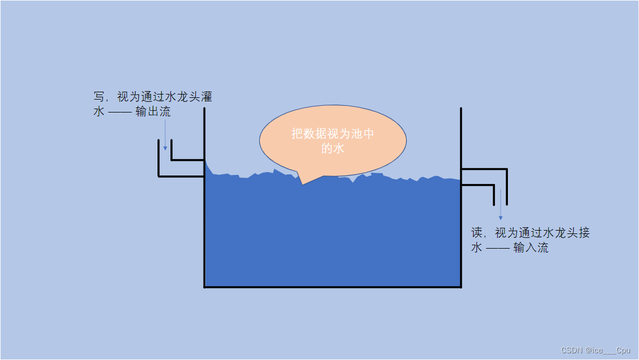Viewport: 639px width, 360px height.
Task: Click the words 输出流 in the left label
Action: coord(153,112)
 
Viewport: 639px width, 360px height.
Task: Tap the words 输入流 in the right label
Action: coord(531,247)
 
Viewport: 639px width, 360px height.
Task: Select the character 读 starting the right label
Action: coord(477,233)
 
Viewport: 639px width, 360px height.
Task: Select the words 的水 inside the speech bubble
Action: coord(332,148)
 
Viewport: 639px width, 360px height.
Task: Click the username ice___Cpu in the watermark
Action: coord(611,350)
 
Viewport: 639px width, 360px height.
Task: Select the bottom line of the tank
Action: coord(332,287)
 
